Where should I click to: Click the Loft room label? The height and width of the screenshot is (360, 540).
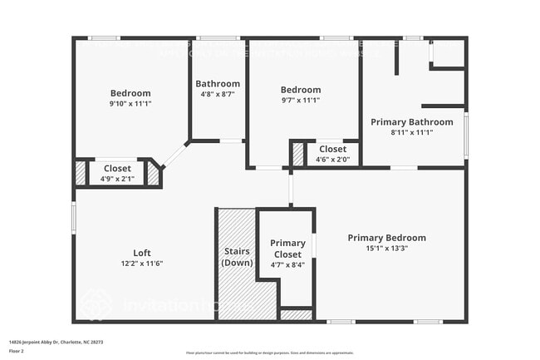pyautogui.click(x=142, y=253)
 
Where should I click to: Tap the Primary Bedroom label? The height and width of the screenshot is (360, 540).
pyautogui.click(x=386, y=238)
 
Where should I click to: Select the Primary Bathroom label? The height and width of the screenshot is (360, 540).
pyautogui.click(x=411, y=122)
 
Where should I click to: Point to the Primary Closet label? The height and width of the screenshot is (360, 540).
pyautogui.click(x=287, y=248)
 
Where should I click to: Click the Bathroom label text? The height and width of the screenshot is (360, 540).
pyautogui.click(x=218, y=83)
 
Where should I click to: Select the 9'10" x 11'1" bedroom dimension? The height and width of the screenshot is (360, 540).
pyautogui.click(x=130, y=103)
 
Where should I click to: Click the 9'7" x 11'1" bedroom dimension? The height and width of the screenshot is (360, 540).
pyautogui.click(x=300, y=100)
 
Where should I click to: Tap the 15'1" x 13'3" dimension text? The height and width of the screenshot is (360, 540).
pyautogui.click(x=386, y=248)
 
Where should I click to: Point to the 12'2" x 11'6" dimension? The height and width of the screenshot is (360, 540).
pyautogui.click(x=142, y=264)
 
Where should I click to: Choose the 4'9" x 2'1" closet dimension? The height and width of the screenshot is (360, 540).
pyautogui.click(x=117, y=178)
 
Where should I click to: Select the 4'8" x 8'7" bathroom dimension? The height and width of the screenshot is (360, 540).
pyautogui.click(x=218, y=94)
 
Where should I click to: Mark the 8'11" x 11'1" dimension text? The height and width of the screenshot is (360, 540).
pyautogui.click(x=411, y=132)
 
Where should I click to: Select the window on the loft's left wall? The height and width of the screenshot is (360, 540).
pyautogui.click(x=74, y=217)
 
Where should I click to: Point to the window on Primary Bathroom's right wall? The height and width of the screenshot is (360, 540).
pyautogui.click(x=466, y=135)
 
